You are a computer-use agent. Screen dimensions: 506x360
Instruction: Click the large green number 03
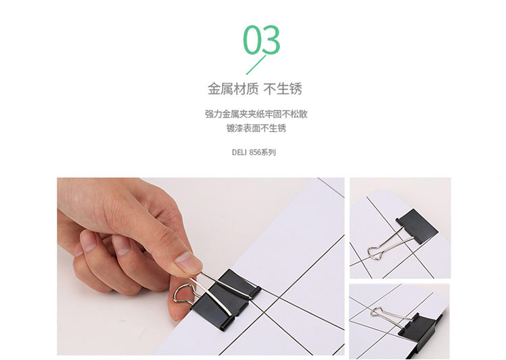pyautogui.click(x=262, y=39)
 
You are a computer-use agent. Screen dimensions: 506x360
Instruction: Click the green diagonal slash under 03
pyautogui.click(x=256, y=65)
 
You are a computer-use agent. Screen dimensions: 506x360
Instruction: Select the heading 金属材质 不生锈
pyautogui.click(x=255, y=89)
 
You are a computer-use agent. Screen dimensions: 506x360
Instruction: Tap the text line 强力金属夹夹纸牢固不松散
pyautogui.click(x=256, y=114)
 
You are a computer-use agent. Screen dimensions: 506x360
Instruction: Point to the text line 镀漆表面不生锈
pyautogui.click(x=256, y=128)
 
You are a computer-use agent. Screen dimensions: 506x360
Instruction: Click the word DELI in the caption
pyautogui.click(x=239, y=152)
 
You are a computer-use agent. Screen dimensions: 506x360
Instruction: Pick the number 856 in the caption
pyautogui.click(x=255, y=152)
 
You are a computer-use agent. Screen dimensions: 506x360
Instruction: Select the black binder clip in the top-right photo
pyautogui.click(x=417, y=225)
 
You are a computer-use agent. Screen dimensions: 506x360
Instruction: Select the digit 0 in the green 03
pyautogui.click(x=252, y=39)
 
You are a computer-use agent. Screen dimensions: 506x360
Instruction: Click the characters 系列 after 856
pyautogui.click(x=269, y=152)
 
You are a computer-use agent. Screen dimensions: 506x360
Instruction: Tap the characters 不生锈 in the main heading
pyautogui.click(x=283, y=89)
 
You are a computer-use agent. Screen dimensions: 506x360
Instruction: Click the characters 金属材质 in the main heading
pyautogui.click(x=233, y=89)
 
